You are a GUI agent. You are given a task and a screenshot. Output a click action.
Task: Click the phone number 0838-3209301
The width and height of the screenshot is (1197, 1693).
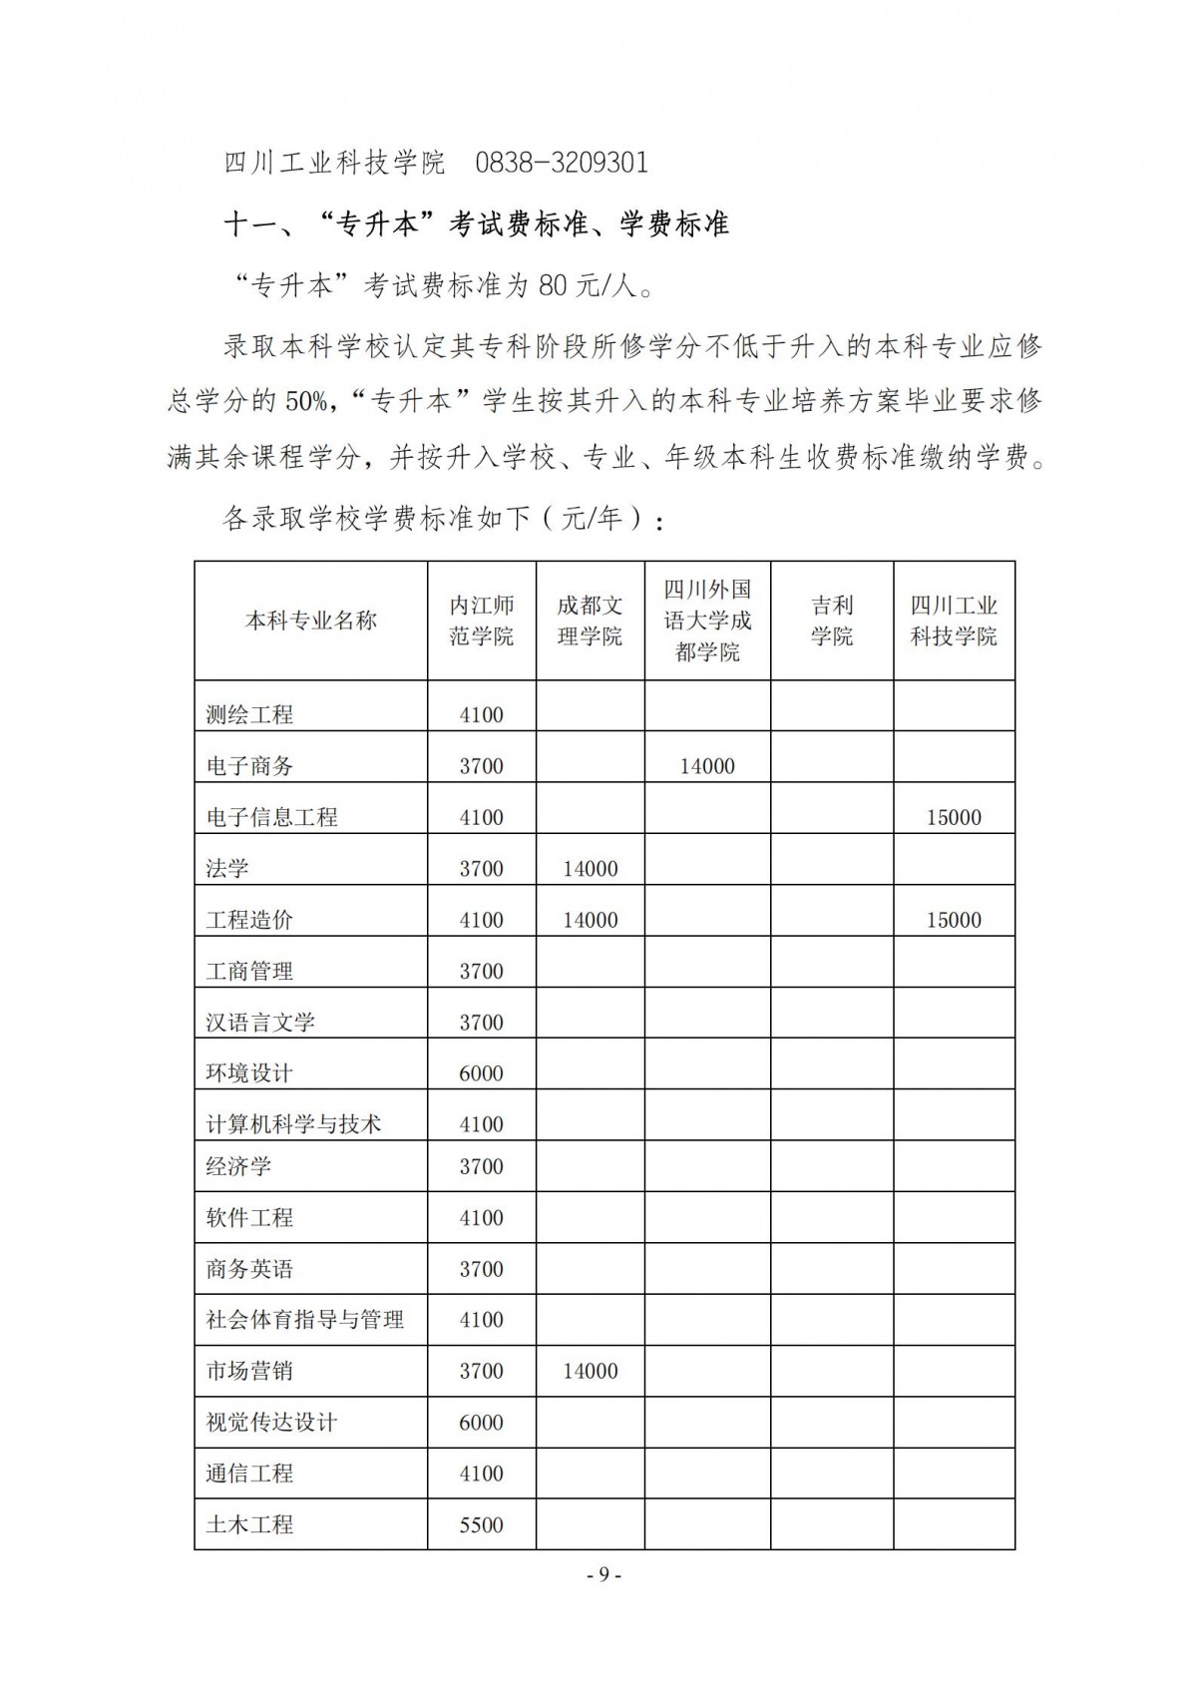pos(562,163)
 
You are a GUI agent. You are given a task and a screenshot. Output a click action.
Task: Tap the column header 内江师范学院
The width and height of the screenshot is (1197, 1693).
pos(481,621)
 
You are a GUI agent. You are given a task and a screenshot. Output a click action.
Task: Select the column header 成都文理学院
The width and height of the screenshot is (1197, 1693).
pos(590,621)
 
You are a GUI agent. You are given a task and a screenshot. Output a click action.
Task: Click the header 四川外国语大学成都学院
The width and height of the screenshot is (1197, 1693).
pos(707,621)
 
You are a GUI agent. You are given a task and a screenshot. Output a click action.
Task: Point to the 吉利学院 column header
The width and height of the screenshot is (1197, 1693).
pos(832,621)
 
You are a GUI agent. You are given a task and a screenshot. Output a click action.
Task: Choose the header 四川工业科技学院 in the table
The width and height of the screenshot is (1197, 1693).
pos(954,621)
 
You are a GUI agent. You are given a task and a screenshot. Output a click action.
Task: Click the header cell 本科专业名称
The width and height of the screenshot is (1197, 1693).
pos(310,621)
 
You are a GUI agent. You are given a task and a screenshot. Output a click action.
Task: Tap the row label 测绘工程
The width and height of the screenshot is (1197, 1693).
pos(249,714)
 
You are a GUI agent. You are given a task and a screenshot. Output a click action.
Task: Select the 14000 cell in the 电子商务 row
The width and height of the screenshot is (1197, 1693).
pos(707,766)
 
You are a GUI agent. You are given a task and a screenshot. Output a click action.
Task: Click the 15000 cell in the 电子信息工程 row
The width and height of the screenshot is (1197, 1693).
pos(954,817)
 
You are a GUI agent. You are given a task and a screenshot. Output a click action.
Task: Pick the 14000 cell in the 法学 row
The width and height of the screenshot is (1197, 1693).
pos(590,869)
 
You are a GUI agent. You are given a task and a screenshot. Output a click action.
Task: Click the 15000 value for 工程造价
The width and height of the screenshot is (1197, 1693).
pos(954,920)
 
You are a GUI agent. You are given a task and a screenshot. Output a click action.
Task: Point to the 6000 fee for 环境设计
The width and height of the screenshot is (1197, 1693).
pos(481,1073)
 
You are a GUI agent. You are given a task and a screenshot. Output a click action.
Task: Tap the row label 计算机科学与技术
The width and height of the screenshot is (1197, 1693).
pos(293,1124)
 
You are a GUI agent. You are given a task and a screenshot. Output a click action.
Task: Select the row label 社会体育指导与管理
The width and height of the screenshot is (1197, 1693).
pos(304,1320)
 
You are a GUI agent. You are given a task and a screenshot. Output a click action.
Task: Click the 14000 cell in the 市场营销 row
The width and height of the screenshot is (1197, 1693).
pos(590,1371)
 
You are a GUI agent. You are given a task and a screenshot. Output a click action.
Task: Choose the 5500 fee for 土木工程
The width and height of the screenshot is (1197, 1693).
pos(481,1524)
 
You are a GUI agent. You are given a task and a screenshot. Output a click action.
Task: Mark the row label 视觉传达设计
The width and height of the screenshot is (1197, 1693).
pos(271,1423)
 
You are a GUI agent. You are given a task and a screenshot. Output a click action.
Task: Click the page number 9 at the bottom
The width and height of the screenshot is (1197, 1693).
pos(603,1574)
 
